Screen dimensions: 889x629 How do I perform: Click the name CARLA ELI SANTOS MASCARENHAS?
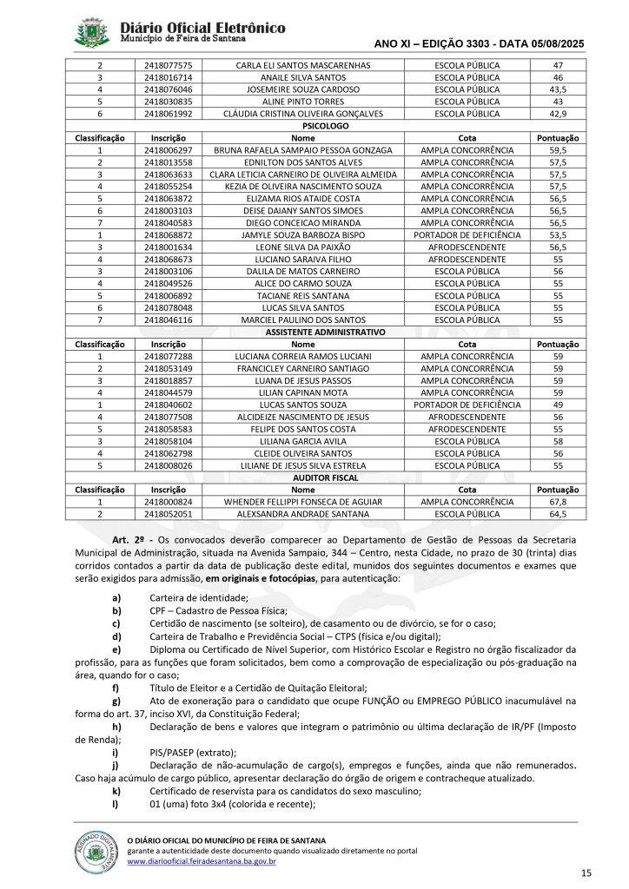(303, 65)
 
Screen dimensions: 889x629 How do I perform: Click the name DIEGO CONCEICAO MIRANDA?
(303, 223)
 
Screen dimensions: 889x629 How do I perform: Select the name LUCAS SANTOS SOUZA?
(303, 405)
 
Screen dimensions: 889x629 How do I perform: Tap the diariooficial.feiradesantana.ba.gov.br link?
(202, 861)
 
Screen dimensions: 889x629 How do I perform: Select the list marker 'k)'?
(116, 791)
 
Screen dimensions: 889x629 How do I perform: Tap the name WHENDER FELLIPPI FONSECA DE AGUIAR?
(303, 502)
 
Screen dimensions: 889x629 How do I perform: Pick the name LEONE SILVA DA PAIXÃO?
(303, 247)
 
